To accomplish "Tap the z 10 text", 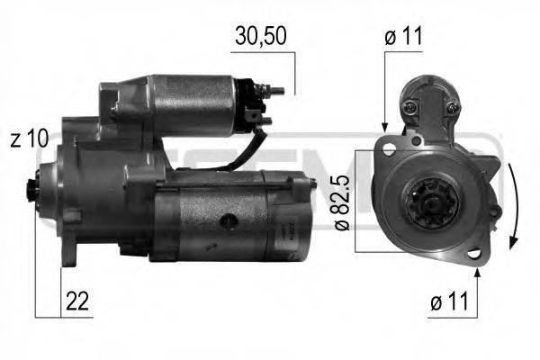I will pyautogui.click(x=31, y=139).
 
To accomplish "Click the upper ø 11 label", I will pyautogui.click(x=404, y=36).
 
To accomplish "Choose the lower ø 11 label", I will pyautogui.click(x=447, y=304).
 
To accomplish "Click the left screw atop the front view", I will pyautogui.click(x=412, y=108).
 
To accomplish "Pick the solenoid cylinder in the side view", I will pyautogui.click(x=198, y=103).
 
